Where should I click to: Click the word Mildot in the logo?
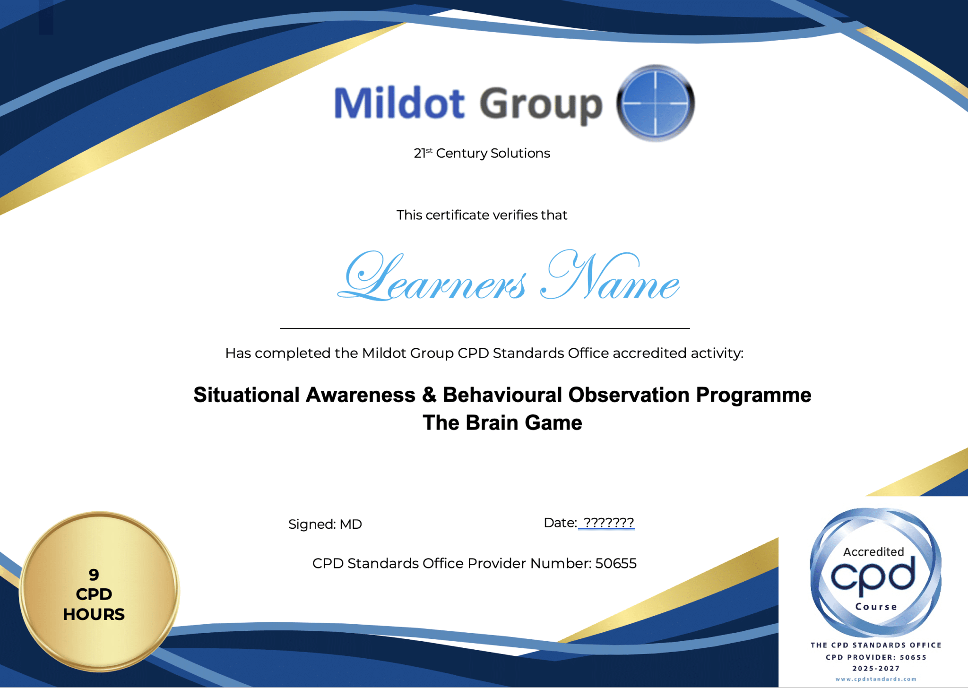coord(399,103)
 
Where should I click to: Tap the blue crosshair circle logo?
coord(656,103)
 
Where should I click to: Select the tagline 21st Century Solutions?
coord(482,153)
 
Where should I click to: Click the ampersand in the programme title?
coord(429,395)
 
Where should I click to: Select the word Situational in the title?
coord(246,395)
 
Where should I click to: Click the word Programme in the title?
coord(753,396)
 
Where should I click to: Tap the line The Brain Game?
coord(502,422)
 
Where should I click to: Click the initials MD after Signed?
coord(351,524)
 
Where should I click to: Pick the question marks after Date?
coord(608,523)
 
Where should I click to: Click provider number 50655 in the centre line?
coord(616,563)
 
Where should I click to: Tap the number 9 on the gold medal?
coord(94,575)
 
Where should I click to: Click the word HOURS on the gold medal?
coord(94,614)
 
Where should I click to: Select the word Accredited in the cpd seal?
coord(873,552)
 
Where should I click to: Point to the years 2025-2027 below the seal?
coord(876,668)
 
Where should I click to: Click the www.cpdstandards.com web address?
coord(876,679)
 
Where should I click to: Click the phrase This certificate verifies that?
coord(482,215)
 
